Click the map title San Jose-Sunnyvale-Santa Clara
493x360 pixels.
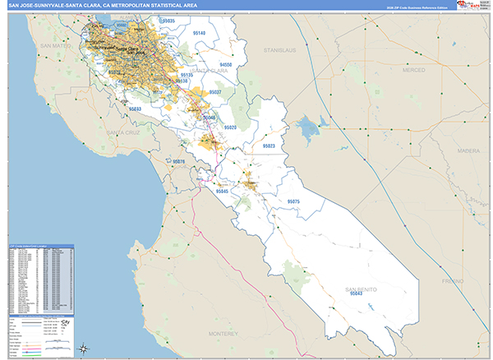pyautogui.click(x=99, y=4)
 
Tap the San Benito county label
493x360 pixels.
pyautogui.click(x=360, y=289)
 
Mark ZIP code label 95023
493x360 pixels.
pyautogui.click(x=268, y=145)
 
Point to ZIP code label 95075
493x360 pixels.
pyautogui.click(x=293, y=201)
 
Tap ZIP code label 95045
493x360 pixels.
pyautogui.click(x=222, y=190)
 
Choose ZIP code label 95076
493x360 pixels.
pyautogui.click(x=177, y=162)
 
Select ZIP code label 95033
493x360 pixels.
pyautogui.click(x=135, y=108)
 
